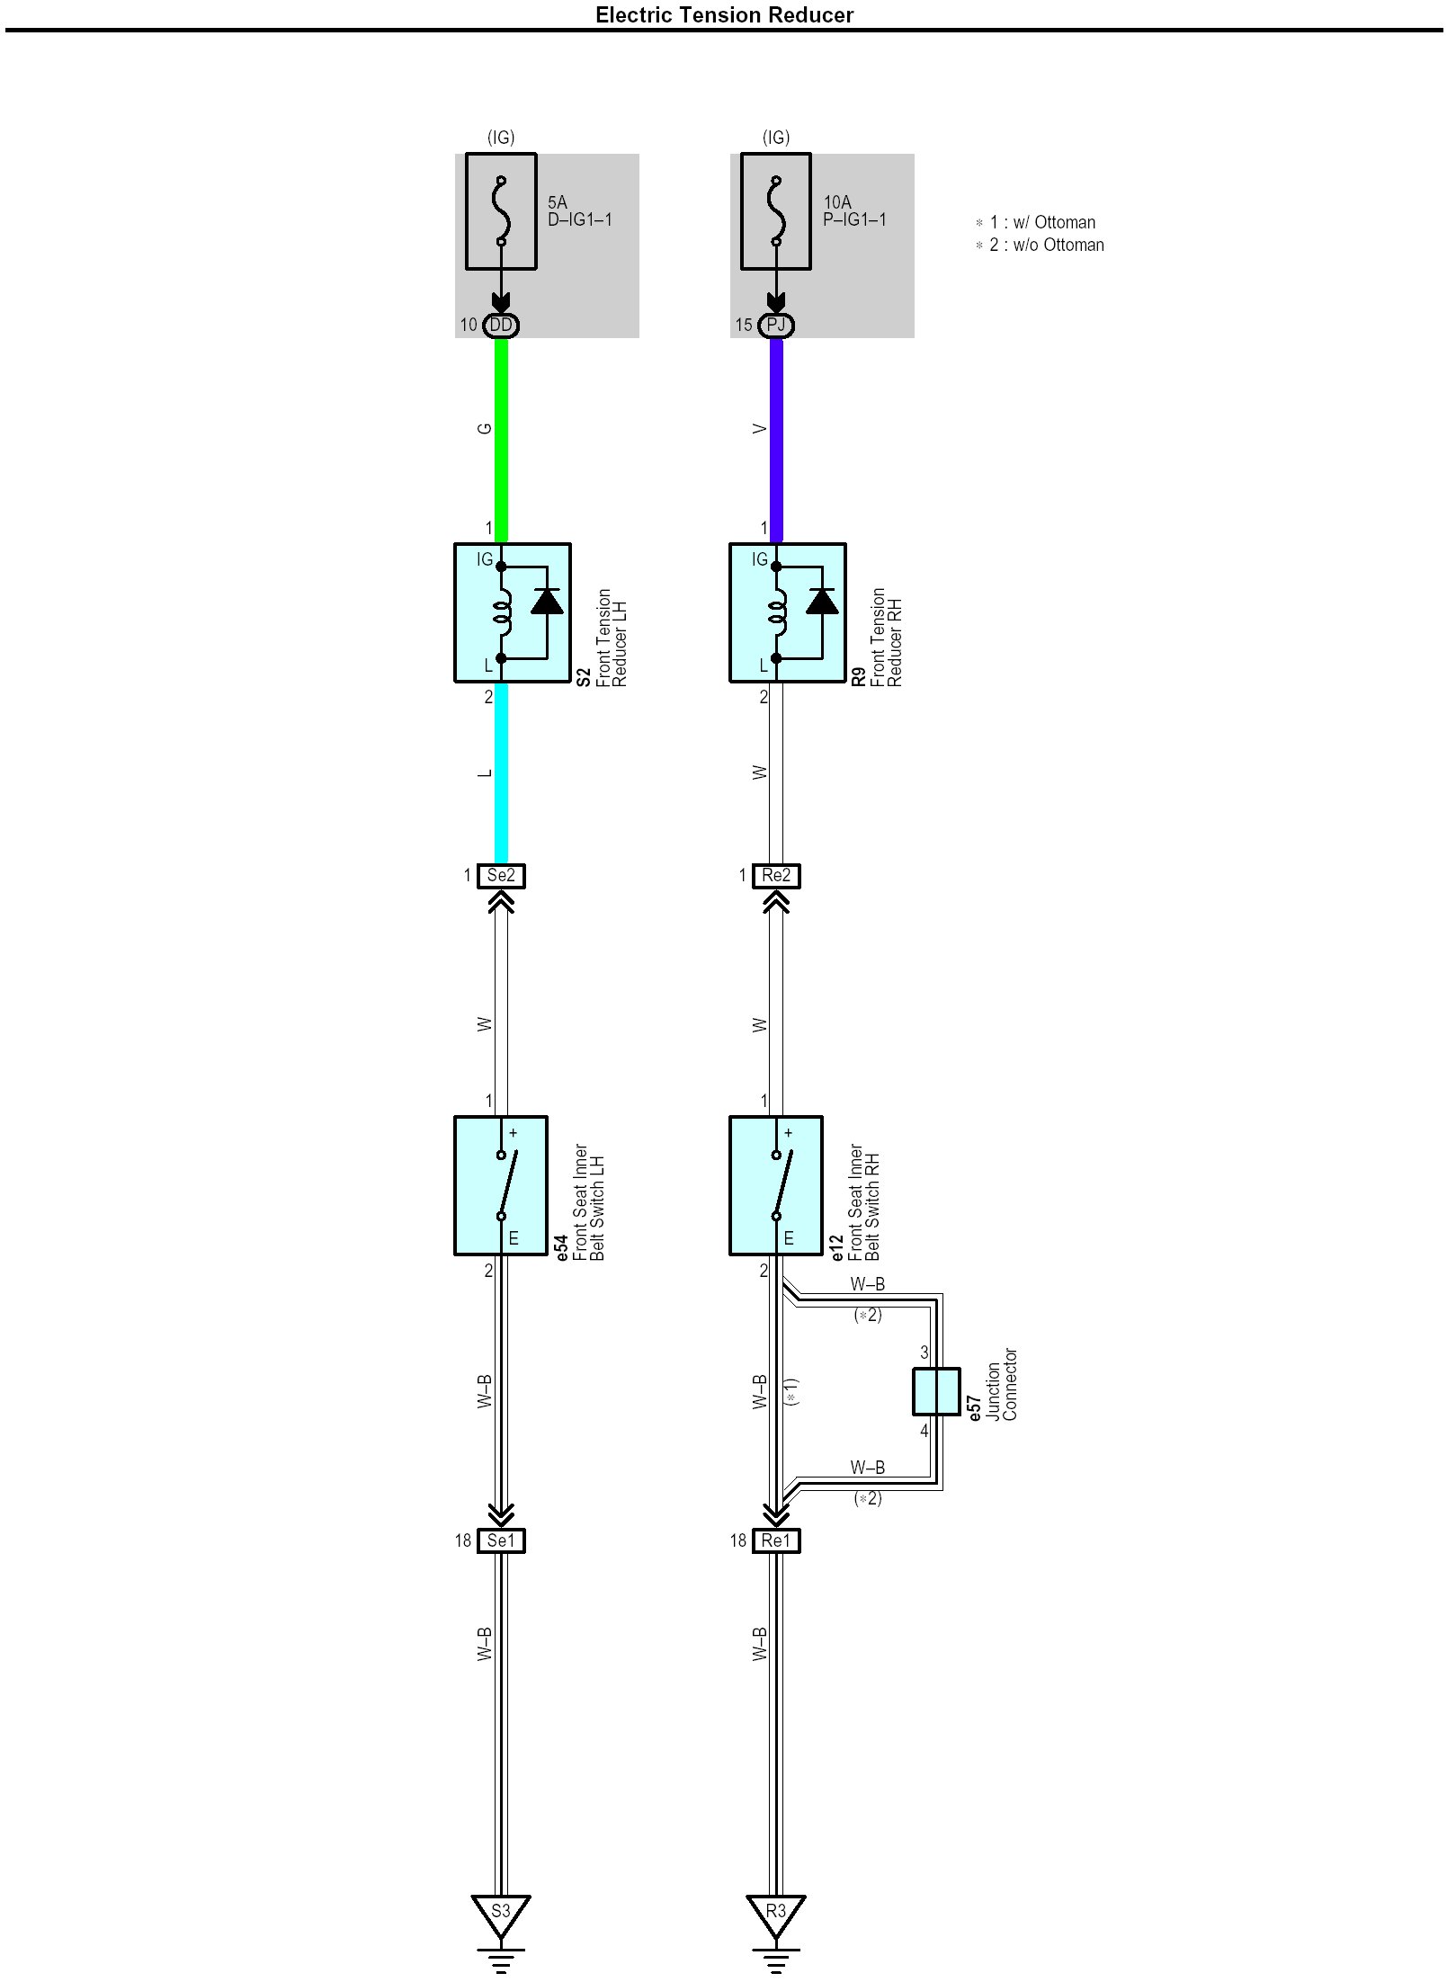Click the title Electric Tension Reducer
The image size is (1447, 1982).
tap(724, 14)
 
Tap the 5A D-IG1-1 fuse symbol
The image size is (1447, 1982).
tap(501, 211)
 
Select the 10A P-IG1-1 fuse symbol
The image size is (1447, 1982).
tap(775, 211)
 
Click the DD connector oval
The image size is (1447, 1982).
tap(501, 325)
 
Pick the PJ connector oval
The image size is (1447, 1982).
tap(775, 325)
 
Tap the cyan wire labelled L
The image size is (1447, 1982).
tap(502, 773)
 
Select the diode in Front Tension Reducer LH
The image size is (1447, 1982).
tap(547, 601)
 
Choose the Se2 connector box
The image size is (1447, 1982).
tap(501, 875)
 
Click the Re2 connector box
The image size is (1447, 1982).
tap(776, 875)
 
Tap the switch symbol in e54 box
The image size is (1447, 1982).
tap(507, 1185)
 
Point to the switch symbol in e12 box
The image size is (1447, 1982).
tap(782, 1185)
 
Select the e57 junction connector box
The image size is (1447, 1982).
tap(936, 1391)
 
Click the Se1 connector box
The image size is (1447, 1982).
tap(501, 1540)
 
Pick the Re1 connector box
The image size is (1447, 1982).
tap(776, 1540)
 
